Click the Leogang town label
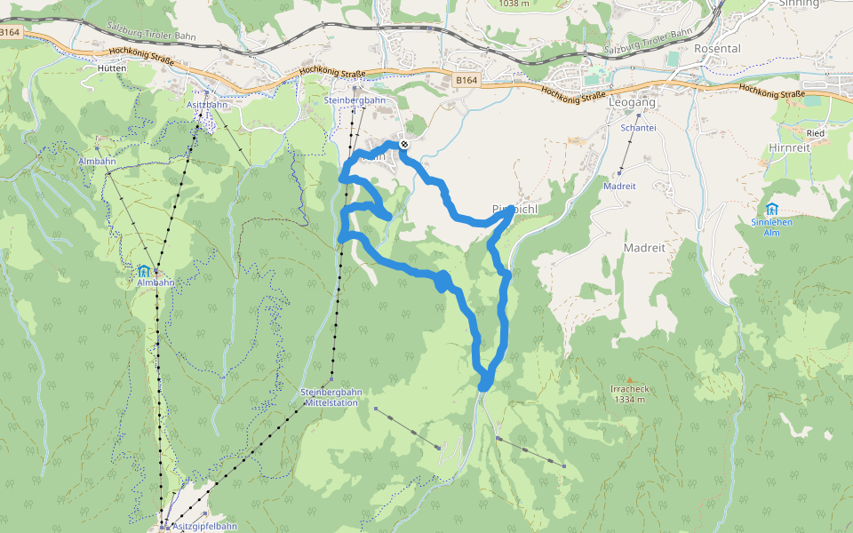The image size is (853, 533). pyautogui.click(x=633, y=103)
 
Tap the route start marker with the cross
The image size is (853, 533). pyautogui.click(x=404, y=143)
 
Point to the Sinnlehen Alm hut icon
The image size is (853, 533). pyautogui.click(x=770, y=209)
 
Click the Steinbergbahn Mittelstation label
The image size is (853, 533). pyautogui.click(x=331, y=397)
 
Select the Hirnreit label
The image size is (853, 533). pyautogui.click(x=792, y=148)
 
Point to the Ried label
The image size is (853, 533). pyautogui.click(x=816, y=133)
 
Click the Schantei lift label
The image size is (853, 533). pyautogui.click(x=638, y=128)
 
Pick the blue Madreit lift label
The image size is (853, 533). pyautogui.click(x=619, y=187)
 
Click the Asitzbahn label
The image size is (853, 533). pyautogui.click(x=204, y=104)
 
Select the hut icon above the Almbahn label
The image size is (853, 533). pyautogui.click(x=144, y=270)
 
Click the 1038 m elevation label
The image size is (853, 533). pyautogui.click(x=514, y=4)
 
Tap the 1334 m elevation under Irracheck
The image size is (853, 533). pyautogui.click(x=628, y=400)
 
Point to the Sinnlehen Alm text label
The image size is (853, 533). pyautogui.click(x=770, y=227)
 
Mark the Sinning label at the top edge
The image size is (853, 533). pyautogui.click(x=798, y=4)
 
